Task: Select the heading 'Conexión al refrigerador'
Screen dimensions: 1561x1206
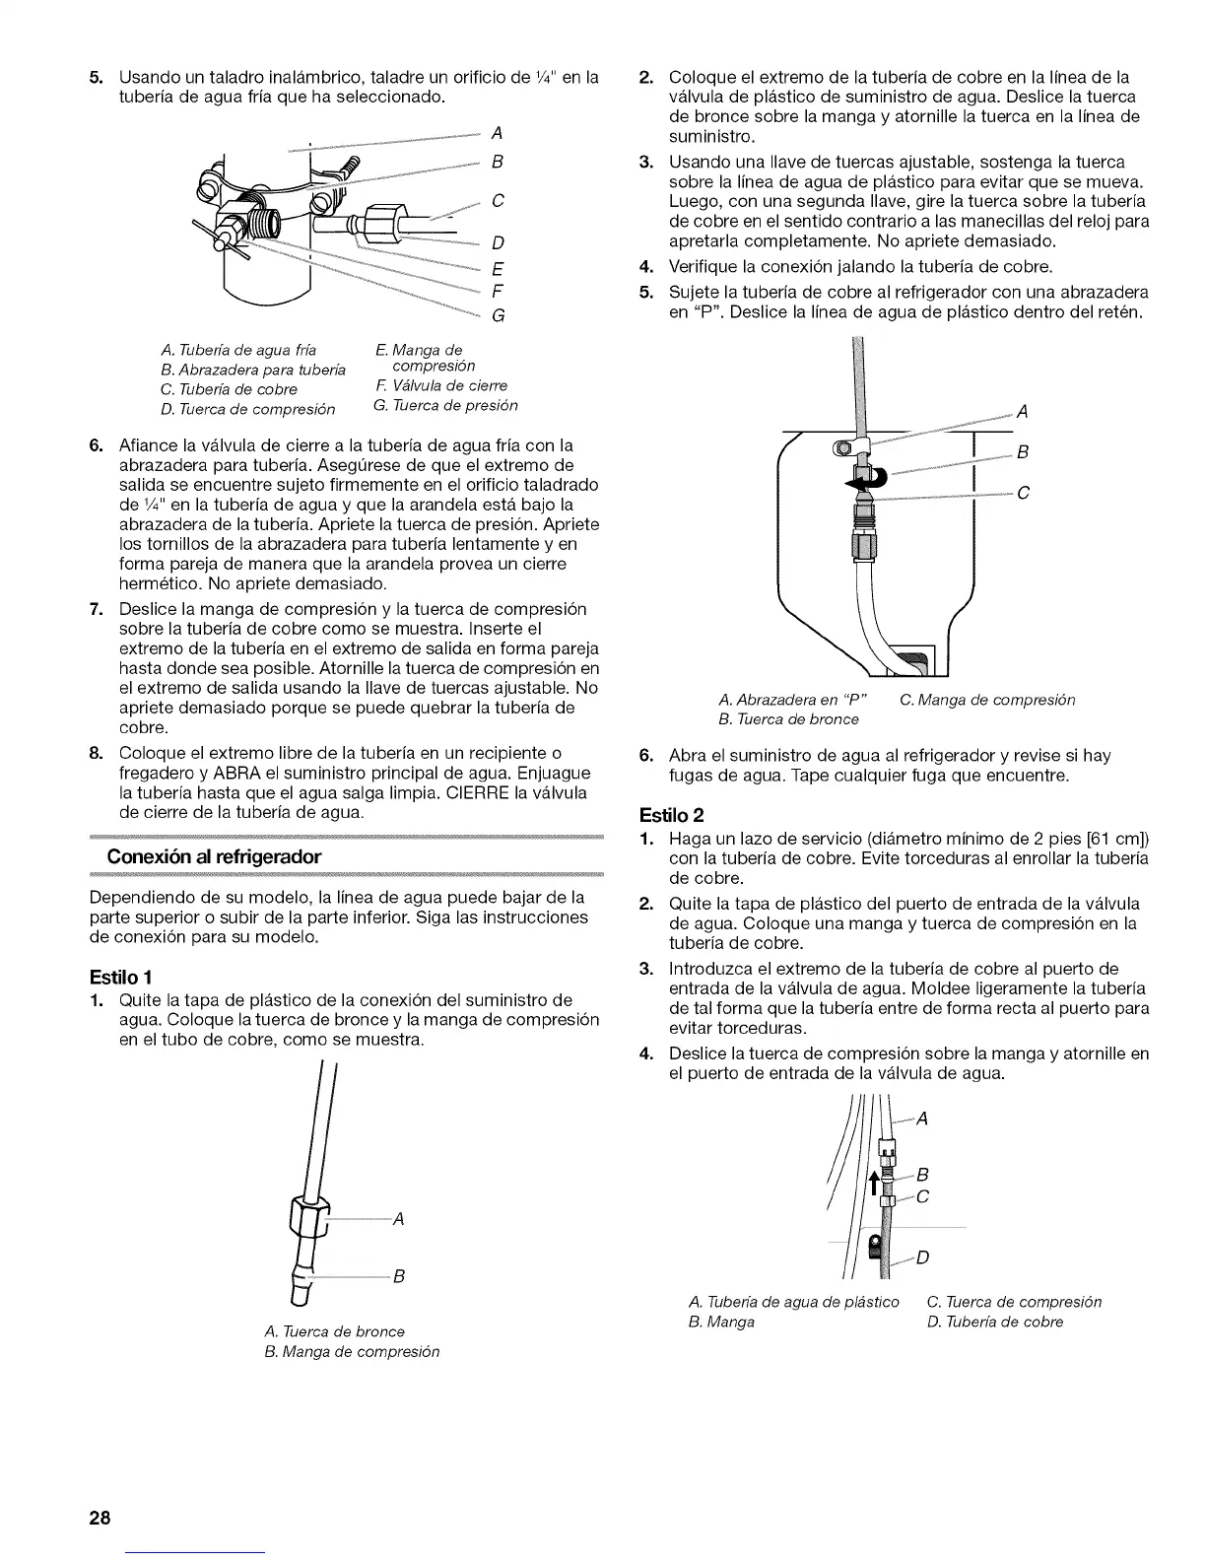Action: [x=214, y=856]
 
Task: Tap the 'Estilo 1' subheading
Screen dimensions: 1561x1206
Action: [x=119, y=978]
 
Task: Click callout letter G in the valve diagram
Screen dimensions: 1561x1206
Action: [x=498, y=316]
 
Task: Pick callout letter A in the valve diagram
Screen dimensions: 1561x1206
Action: [x=496, y=132]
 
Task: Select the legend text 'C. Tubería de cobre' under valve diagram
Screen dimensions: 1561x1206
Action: [x=227, y=389]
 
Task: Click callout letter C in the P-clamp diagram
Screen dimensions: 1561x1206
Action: [x=1022, y=493]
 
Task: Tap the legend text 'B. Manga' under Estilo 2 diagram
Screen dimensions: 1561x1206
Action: [x=721, y=1322]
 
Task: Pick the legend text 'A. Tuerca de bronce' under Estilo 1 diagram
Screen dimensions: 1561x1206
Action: [x=334, y=1330]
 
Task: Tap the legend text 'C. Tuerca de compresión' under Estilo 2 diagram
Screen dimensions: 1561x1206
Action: [x=1014, y=1302]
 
